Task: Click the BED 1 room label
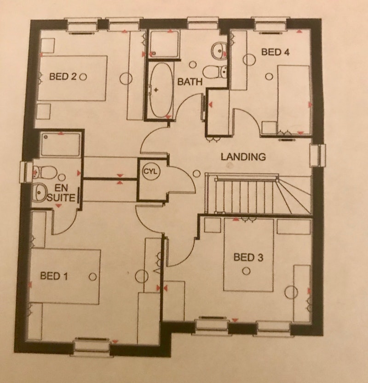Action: [x=54, y=276]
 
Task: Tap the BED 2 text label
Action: [x=63, y=77]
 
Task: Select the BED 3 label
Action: [x=248, y=257]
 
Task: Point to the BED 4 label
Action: [x=275, y=52]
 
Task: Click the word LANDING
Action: [x=243, y=157]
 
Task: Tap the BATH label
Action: [x=190, y=82]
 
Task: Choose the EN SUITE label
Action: [x=61, y=193]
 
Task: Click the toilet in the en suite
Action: [x=45, y=172]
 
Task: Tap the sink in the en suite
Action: [x=40, y=193]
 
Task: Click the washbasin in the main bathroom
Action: [x=219, y=51]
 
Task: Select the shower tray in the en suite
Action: [x=60, y=144]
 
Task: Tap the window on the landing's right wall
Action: [x=318, y=155]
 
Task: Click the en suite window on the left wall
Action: [x=26, y=172]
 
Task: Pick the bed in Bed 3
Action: [x=249, y=255]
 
